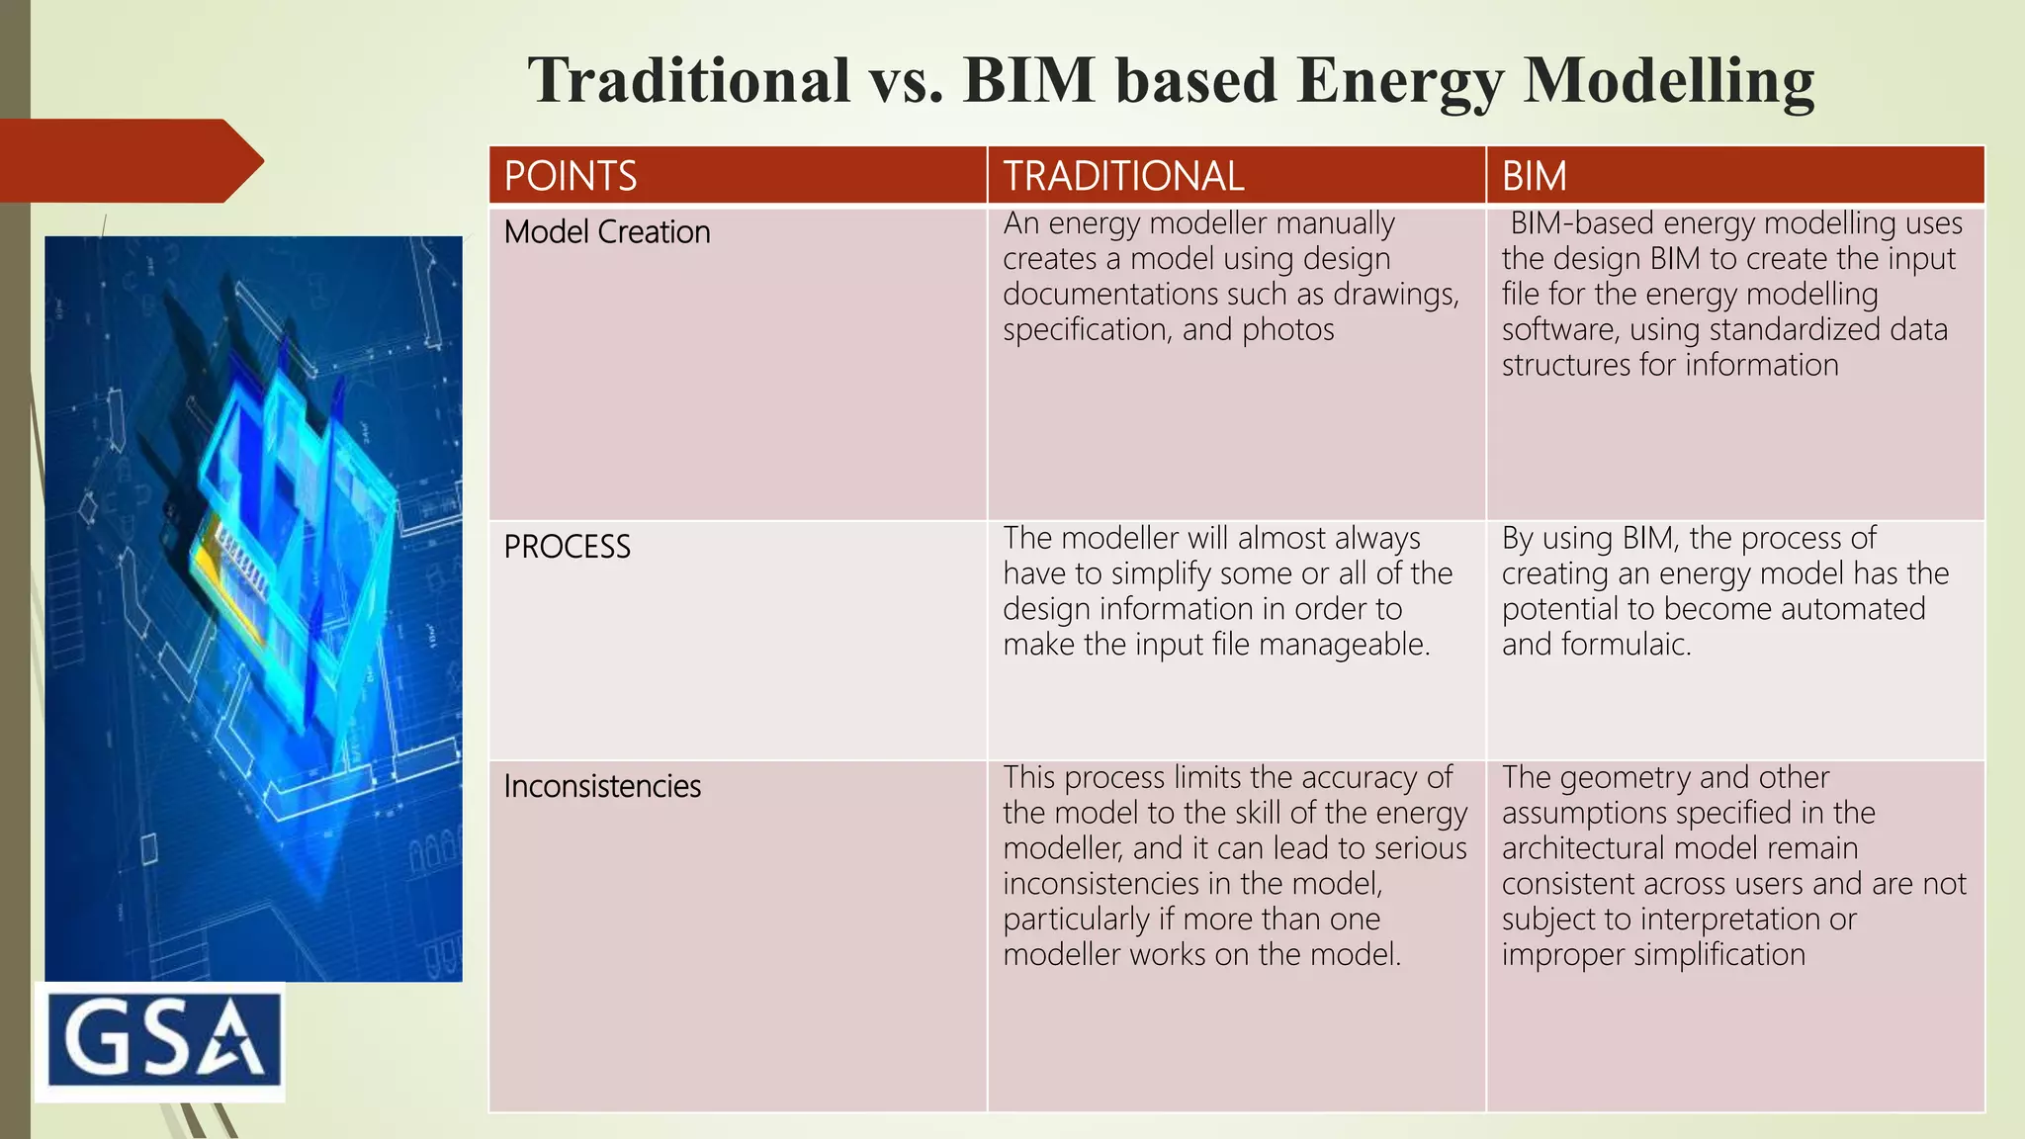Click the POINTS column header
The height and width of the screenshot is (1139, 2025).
pos(571,176)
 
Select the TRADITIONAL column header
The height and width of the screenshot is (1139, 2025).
pos(1123,176)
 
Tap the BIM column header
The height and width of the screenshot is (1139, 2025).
pos(1534,176)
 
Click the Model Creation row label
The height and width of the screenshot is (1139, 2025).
pos(607,232)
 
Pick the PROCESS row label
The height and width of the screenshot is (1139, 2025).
pos(567,547)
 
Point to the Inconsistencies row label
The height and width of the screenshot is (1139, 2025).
pos(602,786)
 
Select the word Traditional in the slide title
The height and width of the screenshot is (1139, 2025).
pos(688,81)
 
